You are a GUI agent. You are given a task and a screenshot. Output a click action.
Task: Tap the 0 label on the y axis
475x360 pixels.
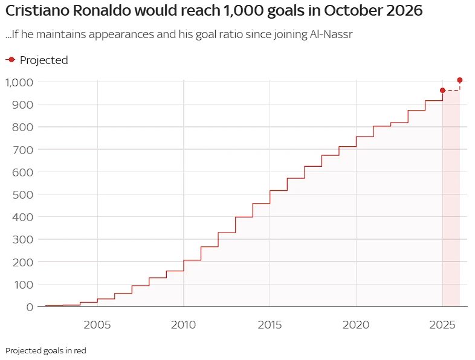coord(29,307)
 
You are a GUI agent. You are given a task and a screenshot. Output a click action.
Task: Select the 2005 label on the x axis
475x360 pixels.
coord(97,324)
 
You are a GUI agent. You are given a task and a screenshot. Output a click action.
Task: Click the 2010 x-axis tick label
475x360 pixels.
coord(184,324)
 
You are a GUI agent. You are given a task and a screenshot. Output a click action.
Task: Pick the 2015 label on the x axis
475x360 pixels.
coord(270,324)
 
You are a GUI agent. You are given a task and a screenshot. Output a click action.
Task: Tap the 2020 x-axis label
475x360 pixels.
coord(357,324)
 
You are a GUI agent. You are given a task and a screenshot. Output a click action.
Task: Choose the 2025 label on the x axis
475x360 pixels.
coord(442,324)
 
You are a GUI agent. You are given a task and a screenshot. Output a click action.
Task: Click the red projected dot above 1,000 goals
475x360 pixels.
coord(460,80)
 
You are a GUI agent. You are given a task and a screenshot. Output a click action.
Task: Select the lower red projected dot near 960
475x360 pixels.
coord(442,91)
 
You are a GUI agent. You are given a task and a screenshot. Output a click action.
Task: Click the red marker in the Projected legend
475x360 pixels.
coord(11,59)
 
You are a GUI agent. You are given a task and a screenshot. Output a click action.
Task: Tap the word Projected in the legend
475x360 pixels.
coord(44,60)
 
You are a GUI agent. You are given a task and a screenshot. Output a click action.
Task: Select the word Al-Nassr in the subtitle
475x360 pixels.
coord(330,34)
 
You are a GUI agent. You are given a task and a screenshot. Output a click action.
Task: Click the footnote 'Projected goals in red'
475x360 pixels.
coord(46,350)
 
